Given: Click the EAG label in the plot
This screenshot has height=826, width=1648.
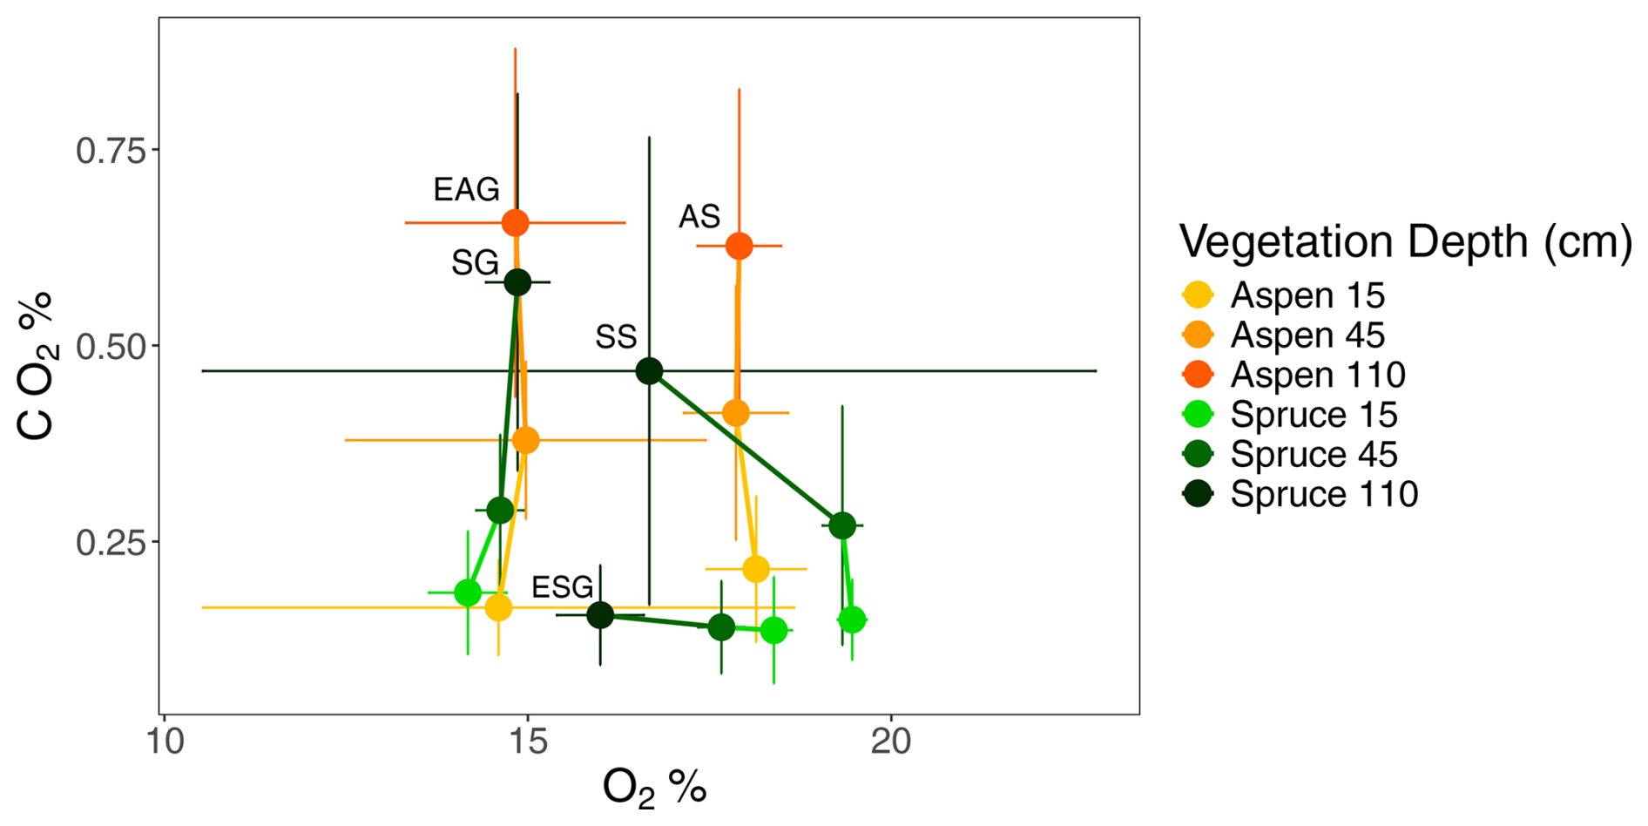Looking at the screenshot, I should (x=466, y=189).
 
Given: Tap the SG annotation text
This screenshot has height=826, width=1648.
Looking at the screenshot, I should (x=475, y=262).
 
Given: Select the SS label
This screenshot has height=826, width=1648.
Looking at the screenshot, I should (x=616, y=336).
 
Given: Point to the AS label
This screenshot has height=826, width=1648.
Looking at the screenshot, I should (x=699, y=216).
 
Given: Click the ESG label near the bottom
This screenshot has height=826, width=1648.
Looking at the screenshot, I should (x=562, y=587).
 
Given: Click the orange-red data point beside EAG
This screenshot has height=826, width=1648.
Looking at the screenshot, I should (x=516, y=223).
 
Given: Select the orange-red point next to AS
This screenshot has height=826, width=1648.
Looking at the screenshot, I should (x=739, y=247).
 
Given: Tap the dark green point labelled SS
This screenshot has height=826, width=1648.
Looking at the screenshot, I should (x=649, y=371).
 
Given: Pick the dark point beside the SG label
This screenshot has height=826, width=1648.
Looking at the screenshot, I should (x=517, y=282).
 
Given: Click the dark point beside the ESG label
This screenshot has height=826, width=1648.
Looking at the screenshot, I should (x=600, y=615).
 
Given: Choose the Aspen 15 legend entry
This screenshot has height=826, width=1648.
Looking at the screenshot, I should (x=1307, y=295).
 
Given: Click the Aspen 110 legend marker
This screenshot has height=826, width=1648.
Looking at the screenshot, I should (x=1199, y=375).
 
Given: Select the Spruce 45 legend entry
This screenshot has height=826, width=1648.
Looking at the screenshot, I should (x=1313, y=454).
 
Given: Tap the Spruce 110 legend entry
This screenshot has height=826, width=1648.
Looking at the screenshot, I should (x=1323, y=494).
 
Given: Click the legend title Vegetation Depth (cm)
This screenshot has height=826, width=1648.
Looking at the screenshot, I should (x=1405, y=241).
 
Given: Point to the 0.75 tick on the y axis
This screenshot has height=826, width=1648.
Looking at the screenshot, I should (x=110, y=150).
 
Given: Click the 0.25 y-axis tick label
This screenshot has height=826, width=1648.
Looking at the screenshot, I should (x=110, y=542).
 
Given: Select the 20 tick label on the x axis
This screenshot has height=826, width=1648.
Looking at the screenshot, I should (x=891, y=741).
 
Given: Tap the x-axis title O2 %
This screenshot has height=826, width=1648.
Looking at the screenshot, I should (x=654, y=788).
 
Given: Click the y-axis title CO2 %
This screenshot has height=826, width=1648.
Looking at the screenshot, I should (x=37, y=366).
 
